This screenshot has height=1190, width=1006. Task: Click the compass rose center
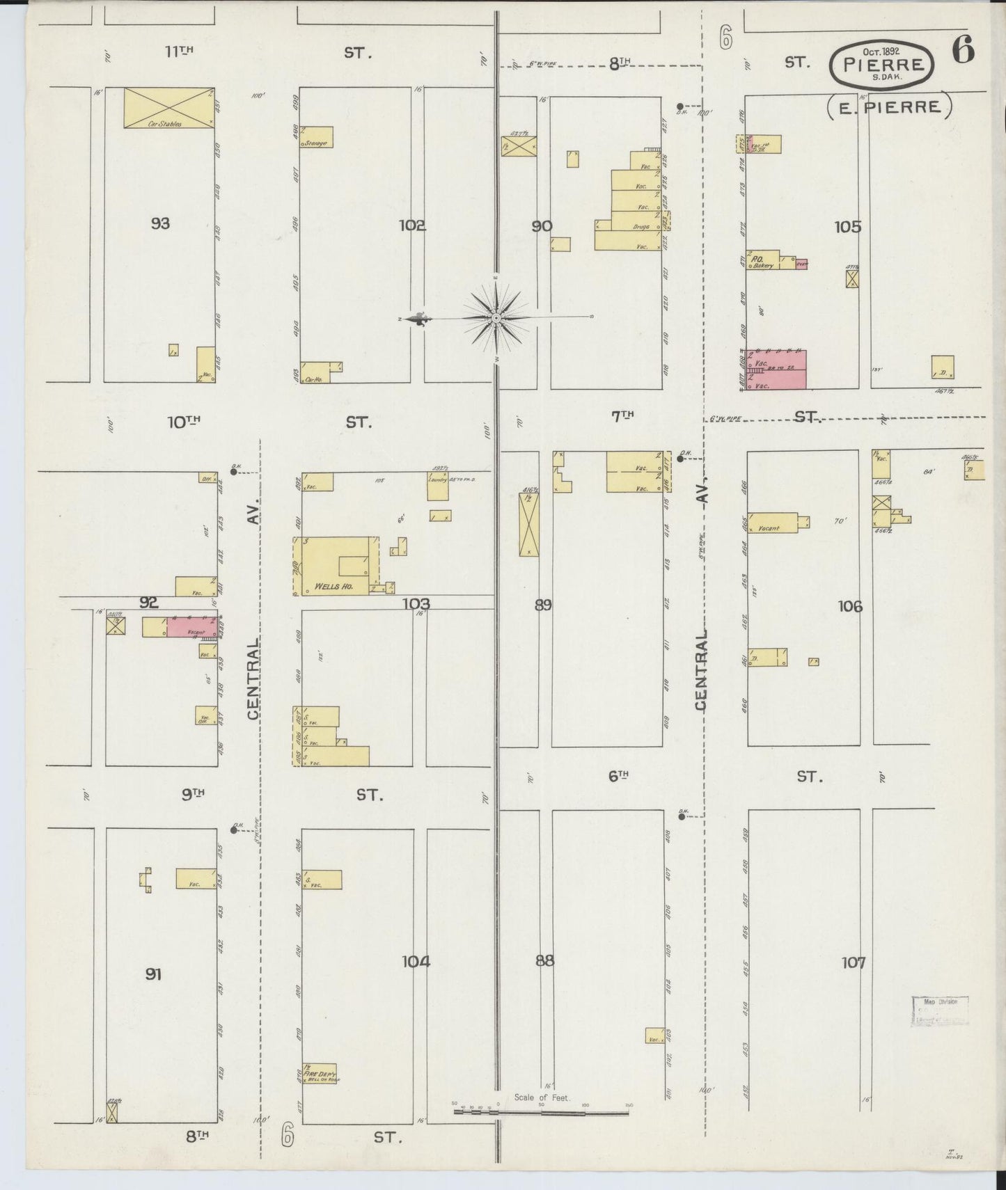496,318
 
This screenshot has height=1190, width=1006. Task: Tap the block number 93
160,223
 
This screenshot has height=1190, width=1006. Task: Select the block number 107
854,963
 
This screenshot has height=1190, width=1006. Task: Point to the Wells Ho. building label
333,587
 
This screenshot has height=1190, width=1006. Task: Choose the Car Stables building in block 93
169,108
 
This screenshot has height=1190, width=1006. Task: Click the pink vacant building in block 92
191,627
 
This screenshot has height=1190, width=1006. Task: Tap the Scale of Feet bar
541,1112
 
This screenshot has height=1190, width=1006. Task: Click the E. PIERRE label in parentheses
889,107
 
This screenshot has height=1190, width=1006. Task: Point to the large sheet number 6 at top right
964,51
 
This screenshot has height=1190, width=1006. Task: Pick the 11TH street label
178,51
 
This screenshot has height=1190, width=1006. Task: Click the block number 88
545,961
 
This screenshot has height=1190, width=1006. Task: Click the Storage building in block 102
317,137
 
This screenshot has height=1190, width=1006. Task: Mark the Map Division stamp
940,1012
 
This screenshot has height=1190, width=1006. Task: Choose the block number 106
850,607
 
